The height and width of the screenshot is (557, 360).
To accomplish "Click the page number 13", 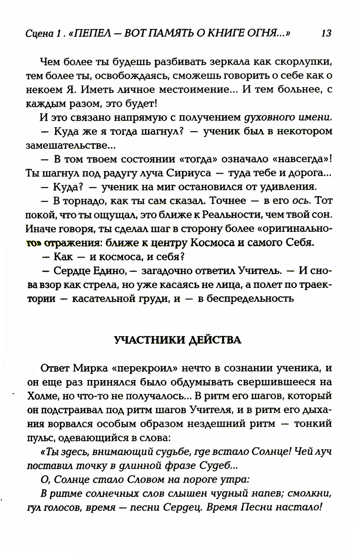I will point(326,34).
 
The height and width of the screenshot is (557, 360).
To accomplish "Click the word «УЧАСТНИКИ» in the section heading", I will point(150,340).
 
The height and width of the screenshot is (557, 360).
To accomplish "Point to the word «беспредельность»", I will point(246,298).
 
